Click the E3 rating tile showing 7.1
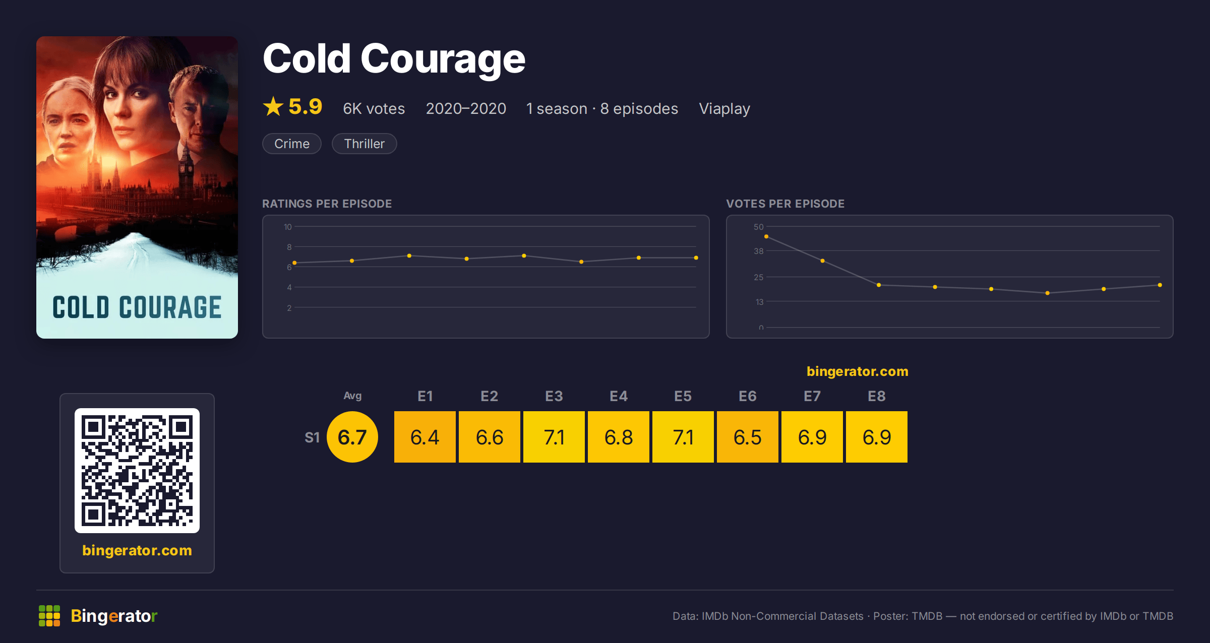[x=554, y=437]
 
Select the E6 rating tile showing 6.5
[x=748, y=437]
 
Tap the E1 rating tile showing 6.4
[x=425, y=437]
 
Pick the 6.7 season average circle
[x=352, y=437]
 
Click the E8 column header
[x=877, y=396]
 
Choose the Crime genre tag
[x=292, y=144]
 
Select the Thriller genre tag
[x=364, y=144]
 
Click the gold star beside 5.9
[x=273, y=106]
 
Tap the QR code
[x=137, y=471]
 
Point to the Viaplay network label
[x=724, y=109]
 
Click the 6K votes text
[x=374, y=109]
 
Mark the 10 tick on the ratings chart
[x=288, y=227]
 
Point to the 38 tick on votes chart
[x=759, y=251]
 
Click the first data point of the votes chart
[x=766, y=236]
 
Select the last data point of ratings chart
[x=696, y=258]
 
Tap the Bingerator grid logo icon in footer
[x=49, y=616]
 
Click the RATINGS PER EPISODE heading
[x=327, y=204]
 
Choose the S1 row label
[x=312, y=437]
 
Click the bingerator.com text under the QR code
[x=137, y=550]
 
